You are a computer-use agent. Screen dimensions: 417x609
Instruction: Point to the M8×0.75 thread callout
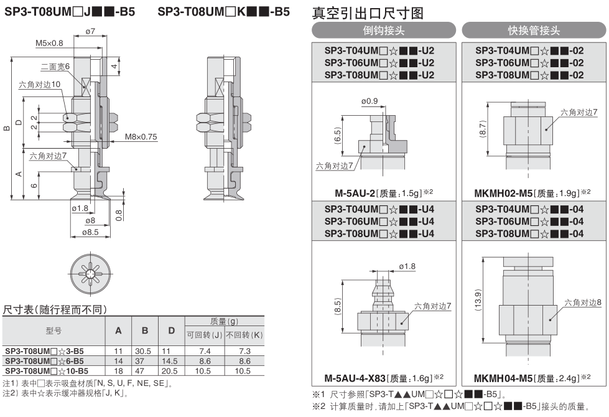(141, 136)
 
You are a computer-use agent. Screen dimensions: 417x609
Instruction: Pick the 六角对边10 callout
(40, 84)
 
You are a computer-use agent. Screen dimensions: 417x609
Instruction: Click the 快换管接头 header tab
(533, 30)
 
